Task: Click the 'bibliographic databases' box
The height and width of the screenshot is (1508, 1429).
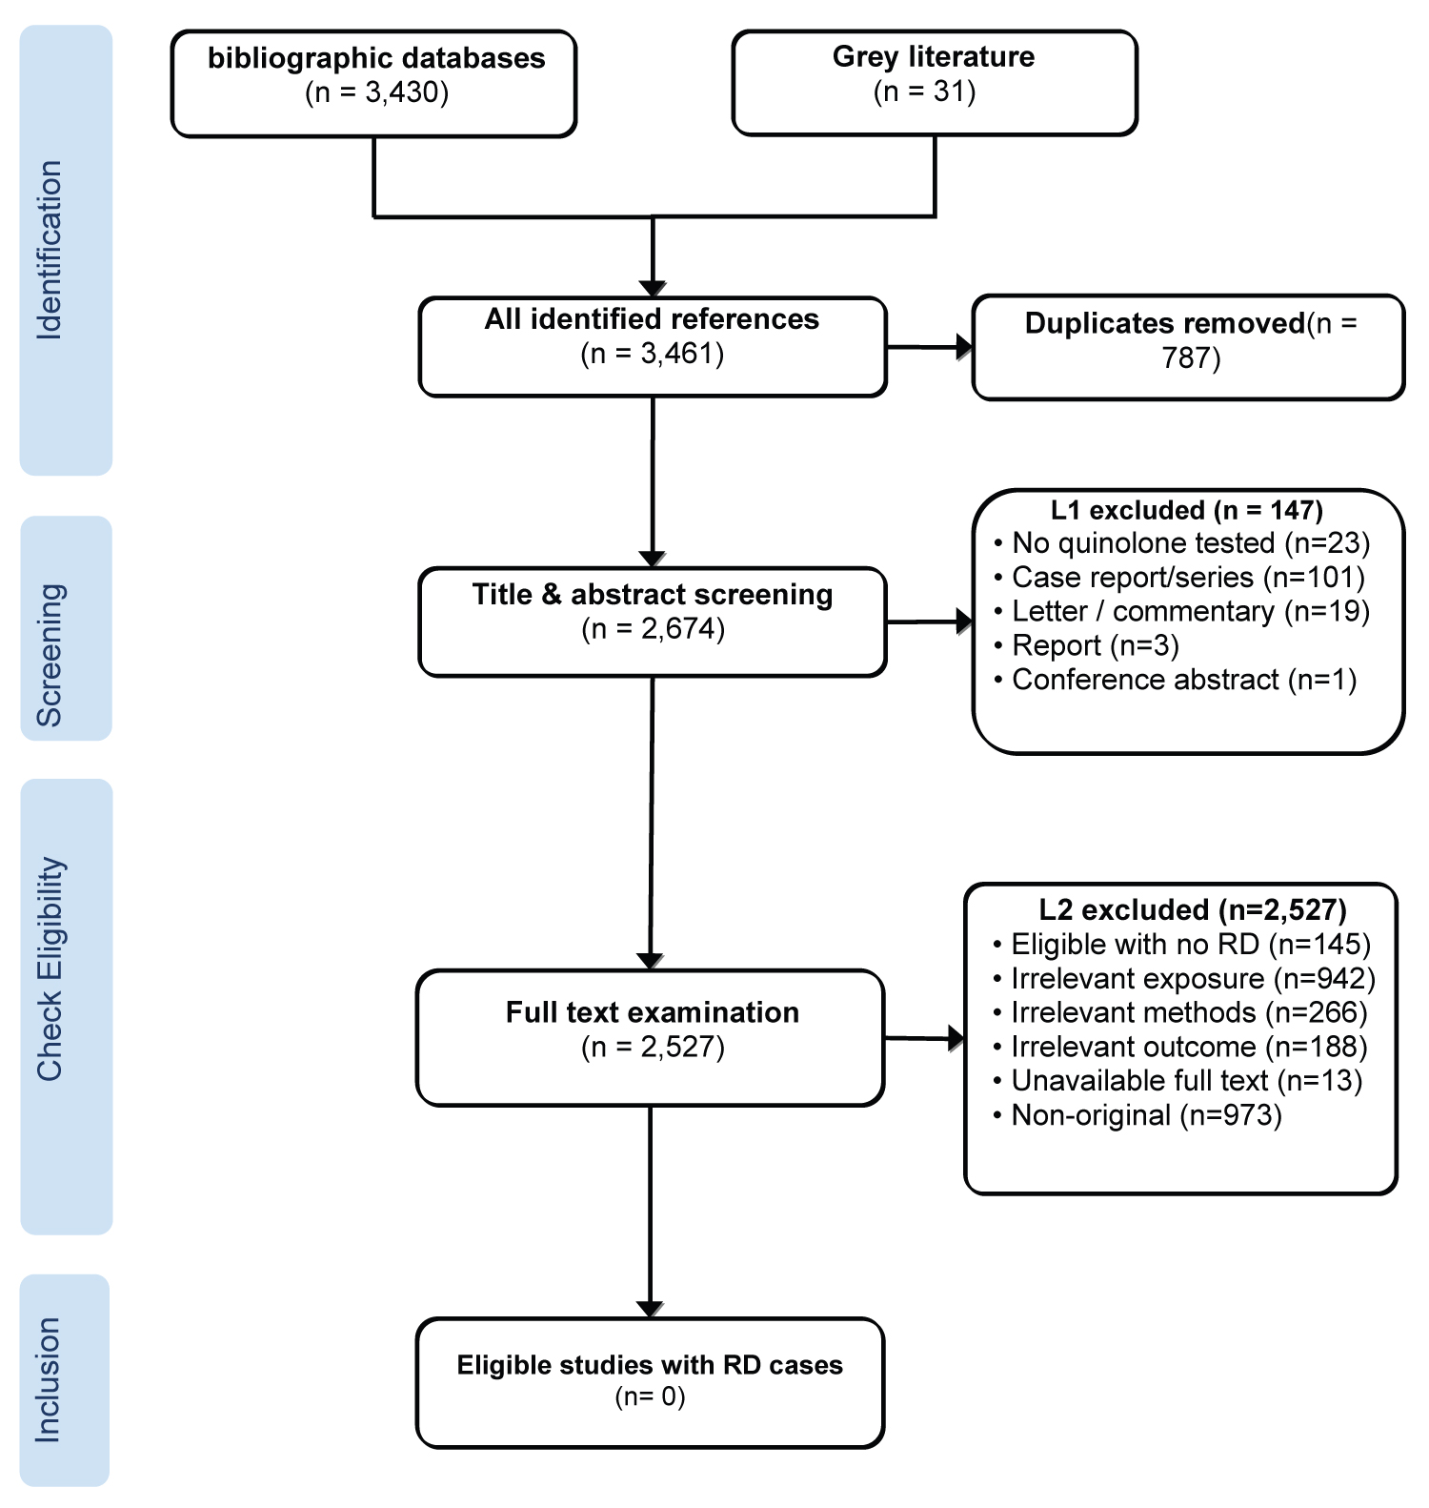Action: [373, 84]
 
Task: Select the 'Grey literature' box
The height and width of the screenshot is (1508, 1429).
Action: [935, 83]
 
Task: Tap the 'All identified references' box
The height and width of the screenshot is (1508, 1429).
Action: [653, 347]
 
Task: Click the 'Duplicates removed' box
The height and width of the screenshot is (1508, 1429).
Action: [1188, 347]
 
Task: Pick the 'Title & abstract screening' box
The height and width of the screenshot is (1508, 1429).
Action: [653, 622]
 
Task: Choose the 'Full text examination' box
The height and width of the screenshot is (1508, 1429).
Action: [651, 1038]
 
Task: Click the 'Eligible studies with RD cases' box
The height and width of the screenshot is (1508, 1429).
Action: [651, 1383]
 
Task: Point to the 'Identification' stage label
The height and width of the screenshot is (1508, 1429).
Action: [50, 250]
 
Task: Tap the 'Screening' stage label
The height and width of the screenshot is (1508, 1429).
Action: [50, 655]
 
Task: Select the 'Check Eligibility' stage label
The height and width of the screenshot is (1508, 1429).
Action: [50, 968]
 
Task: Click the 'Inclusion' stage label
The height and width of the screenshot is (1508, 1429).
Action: [48, 1379]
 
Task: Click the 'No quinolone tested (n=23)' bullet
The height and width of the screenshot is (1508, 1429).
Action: [1181, 543]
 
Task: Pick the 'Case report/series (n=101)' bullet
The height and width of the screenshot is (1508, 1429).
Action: [1179, 578]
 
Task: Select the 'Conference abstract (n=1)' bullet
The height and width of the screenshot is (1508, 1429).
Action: [1175, 680]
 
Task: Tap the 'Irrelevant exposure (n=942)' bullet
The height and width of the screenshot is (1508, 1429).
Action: [1183, 979]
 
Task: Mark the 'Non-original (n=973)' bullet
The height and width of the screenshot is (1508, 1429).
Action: [1137, 1115]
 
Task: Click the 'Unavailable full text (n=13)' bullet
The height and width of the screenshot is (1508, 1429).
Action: [1177, 1081]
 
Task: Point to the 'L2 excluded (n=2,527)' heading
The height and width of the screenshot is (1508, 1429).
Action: [1192, 910]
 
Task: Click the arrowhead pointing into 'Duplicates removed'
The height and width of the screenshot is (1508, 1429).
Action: [964, 347]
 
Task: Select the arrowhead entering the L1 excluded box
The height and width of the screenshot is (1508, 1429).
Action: [964, 622]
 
